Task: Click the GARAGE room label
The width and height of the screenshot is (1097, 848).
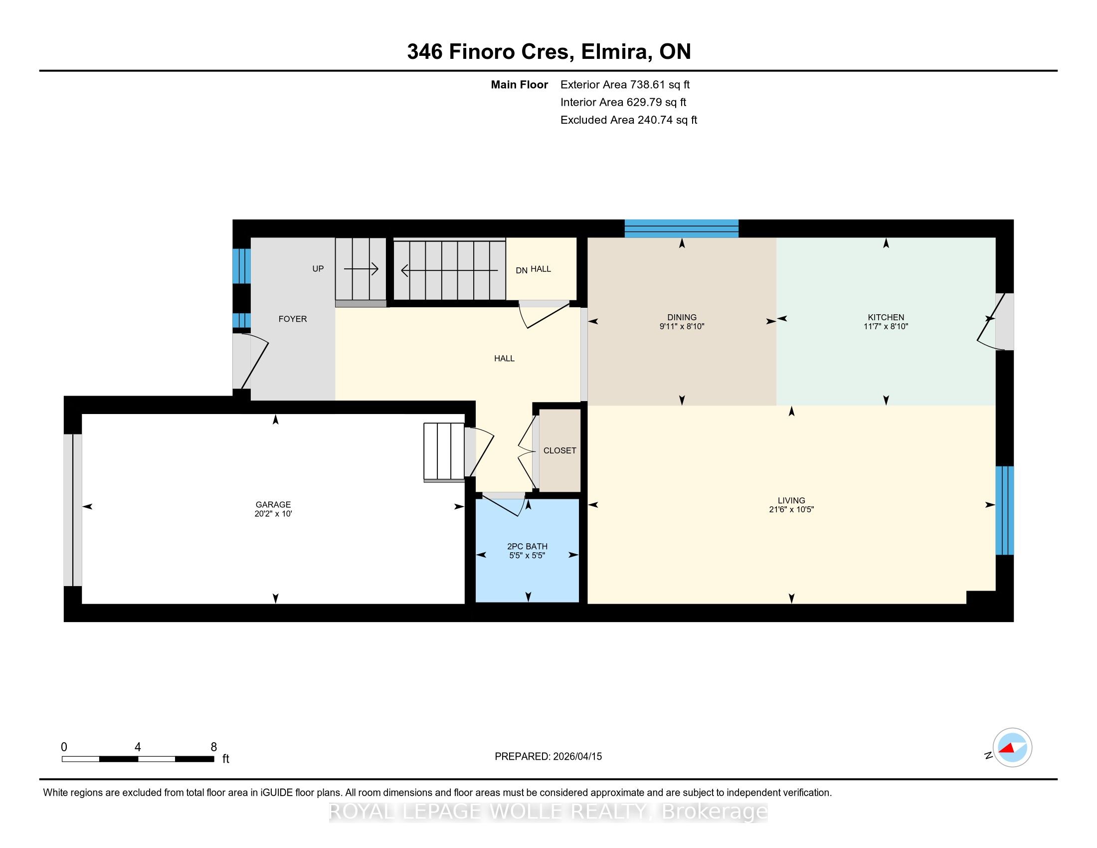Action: pyautogui.click(x=273, y=504)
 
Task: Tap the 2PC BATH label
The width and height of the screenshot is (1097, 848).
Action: pyautogui.click(x=527, y=546)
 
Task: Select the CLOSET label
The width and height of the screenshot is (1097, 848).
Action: pyautogui.click(x=559, y=450)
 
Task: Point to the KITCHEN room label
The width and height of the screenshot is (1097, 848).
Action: pyautogui.click(x=886, y=317)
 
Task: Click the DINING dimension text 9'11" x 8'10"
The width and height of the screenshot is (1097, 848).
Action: pyautogui.click(x=682, y=327)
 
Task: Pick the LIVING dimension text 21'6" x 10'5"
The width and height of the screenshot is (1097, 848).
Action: pyautogui.click(x=791, y=509)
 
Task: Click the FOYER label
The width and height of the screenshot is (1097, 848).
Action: pyautogui.click(x=293, y=319)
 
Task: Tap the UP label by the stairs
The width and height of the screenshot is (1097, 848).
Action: pyautogui.click(x=318, y=269)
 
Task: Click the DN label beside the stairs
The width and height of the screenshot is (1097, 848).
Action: pyautogui.click(x=522, y=270)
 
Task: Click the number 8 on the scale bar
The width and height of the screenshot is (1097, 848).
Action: pyautogui.click(x=213, y=747)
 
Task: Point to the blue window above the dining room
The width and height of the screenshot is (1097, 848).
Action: pyautogui.click(x=681, y=228)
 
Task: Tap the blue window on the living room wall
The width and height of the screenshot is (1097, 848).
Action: pyautogui.click(x=1005, y=510)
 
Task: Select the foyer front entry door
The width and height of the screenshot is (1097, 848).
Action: pyautogui.click(x=251, y=361)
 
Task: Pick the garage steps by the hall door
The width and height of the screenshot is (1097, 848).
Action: pyautogui.click(x=443, y=452)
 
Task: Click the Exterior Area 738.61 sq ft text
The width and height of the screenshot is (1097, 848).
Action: pyautogui.click(x=625, y=85)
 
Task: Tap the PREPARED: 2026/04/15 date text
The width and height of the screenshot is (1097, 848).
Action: pyautogui.click(x=548, y=757)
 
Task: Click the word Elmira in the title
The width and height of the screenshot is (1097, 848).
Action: pyautogui.click(x=614, y=52)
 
